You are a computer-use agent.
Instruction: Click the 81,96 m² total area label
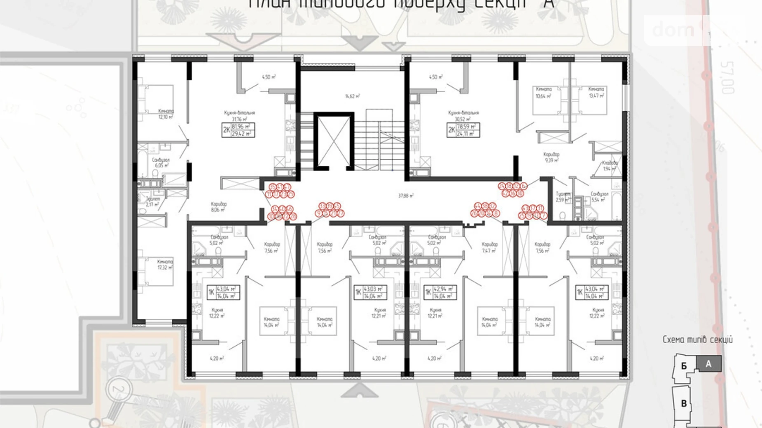tap(243, 127)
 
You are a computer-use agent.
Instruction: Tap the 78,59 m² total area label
tap(467, 127)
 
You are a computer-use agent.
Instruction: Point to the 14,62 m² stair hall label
tap(352, 96)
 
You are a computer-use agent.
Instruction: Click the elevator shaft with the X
tap(334, 141)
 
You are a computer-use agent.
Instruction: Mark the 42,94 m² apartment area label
tap(444, 289)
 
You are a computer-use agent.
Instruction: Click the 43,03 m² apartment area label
tap(374, 289)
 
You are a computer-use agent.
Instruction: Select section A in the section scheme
tap(708, 364)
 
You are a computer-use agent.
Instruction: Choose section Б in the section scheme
tap(684, 366)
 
